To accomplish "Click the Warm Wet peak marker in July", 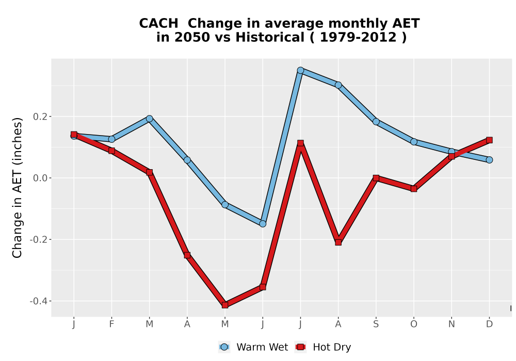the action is click(300, 70).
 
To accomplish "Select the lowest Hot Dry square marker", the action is click(225, 305).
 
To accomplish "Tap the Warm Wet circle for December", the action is click(489, 160).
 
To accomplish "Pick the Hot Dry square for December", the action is click(489, 140).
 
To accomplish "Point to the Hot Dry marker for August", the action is click(338, 242).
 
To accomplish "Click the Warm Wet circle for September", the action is click(376, 122).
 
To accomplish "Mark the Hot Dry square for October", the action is click(414, 189).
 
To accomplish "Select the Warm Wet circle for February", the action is click(111, 139).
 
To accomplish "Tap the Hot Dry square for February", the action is click(111, 151).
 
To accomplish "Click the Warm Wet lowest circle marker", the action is click(263, 224).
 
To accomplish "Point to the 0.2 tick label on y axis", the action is click(40, 117).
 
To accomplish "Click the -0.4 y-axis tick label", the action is click(39, 301).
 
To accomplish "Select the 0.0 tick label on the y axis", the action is click(40, 178).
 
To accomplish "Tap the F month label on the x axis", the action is click(111, 324).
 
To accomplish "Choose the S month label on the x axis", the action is click(376, 324).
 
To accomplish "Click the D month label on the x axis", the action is click(489, 324).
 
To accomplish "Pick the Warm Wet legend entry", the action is click(253, 347).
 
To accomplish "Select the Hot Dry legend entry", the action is click(323, 347).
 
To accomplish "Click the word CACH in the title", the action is click(158, 24).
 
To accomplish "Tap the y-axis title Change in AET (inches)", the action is click(17, 187).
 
